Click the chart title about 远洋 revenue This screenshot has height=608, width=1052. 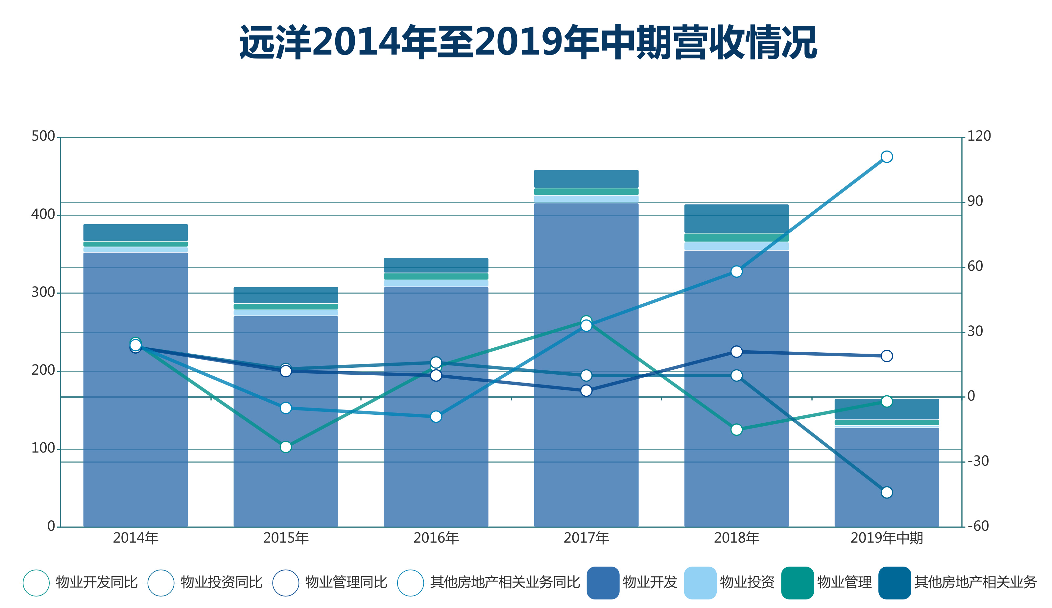pyautogui.click(x=528, y=42)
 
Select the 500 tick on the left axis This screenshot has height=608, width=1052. pyautogui.click(x=43, y=136)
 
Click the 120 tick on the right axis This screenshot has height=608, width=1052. pyautogui.click(x=979, y=136)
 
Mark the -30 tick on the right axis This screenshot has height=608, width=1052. pyautogui.click(x=978, y=461)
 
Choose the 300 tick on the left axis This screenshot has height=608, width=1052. pyautogui.click(x=43, y=292)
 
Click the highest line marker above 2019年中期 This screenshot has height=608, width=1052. pyautogui.click(x=887, y=156)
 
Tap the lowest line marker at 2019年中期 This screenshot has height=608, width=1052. pyautogui.click(x=887, y=492)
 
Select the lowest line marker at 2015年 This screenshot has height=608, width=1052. pyautogui.click(x=286, y=447)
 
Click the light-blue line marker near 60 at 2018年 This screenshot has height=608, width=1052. pyautogui.click(x=736, y=272)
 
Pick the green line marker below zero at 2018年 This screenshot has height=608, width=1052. pyautogui.click(x=736, y=430)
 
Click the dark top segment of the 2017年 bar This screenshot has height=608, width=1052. pyautogui.click(x=586, y=178)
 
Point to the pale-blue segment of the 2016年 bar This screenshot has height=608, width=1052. pyautogui.click(x=436, y=283)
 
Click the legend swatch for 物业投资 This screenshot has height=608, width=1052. pyautogui.click(x=700, y=583)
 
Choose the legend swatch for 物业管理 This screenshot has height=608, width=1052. pyautogui.click(x=797, y=583)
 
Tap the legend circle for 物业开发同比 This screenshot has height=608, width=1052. pyautogui.click(x=36, y=583)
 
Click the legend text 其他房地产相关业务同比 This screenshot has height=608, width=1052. pyautogui.click(x=505, y=583)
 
